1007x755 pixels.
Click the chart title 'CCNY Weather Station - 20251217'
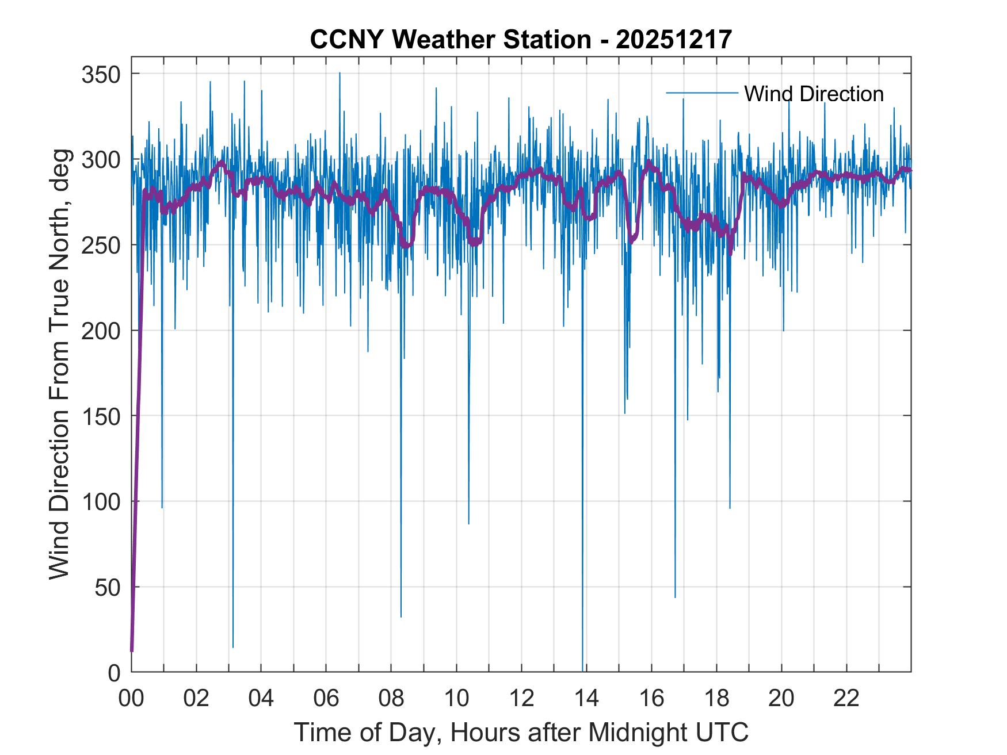coord(521,39)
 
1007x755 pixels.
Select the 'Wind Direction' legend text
coord(814,94)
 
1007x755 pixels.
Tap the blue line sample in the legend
coord(701,93)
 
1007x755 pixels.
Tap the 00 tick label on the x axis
coord(131,699)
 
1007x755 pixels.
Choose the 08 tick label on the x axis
coord(391,699)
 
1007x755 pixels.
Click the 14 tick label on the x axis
coord(586,699)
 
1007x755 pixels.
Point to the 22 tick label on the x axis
coord(846,699)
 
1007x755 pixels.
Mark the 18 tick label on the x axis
coord(716,699)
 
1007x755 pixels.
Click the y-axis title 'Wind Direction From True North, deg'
coord(59,364)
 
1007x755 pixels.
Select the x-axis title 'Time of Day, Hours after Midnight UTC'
coord(521,732)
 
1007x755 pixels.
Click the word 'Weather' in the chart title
coord(436,39)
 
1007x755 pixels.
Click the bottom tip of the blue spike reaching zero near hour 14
coord(582,670)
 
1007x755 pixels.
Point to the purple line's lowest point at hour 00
coord(132,651)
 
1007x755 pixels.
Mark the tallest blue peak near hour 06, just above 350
coord(340,73)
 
